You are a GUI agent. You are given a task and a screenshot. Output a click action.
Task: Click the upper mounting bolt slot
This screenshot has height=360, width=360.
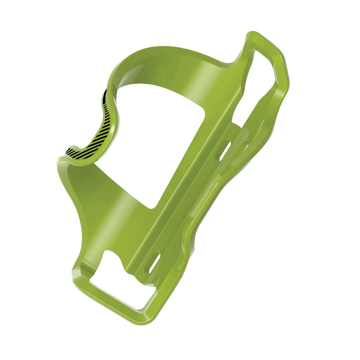225,150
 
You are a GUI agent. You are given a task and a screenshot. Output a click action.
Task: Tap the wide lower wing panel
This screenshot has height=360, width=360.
108,209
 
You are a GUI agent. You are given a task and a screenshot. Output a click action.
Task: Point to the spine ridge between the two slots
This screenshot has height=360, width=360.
190,205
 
